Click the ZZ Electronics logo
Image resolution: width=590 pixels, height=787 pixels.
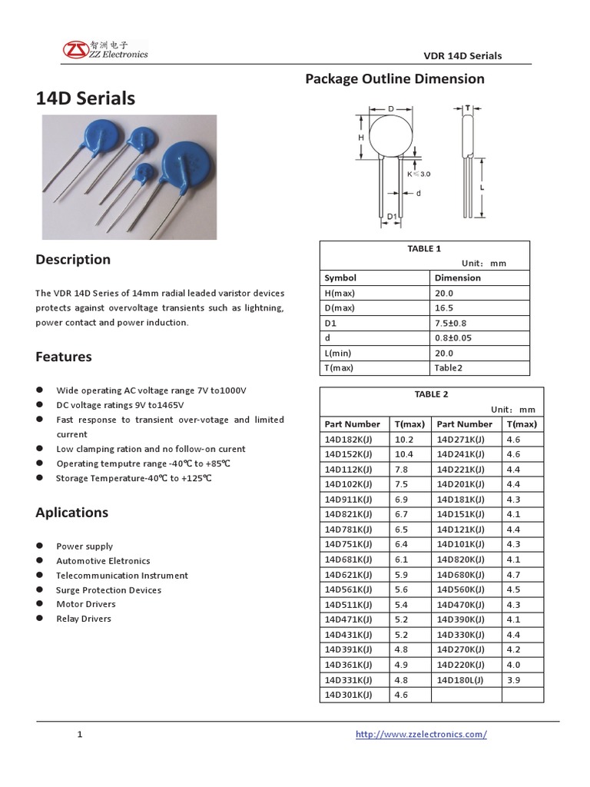(x=106, y=50)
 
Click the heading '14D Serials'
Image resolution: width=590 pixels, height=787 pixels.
(x=85, y=98)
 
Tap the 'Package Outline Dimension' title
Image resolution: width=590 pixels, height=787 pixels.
(x=395, y=78)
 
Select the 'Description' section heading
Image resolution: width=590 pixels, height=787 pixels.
(x=73, y=259)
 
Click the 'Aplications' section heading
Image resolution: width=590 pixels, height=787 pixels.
(x=72, y=513)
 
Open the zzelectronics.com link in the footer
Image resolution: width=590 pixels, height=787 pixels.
(x=421, y=734)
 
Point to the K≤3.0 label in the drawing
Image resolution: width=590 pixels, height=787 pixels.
(x=419, y=174)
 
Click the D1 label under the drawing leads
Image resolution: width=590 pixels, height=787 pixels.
(x=391, y=217)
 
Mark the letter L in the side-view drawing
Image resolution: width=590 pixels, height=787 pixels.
(x=481, y=187)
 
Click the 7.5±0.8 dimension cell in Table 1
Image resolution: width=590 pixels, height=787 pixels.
(x=451, y=323)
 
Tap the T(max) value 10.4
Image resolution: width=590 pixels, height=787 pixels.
(x=403, y=453)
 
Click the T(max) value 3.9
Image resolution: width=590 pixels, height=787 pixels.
(x=514, y=680)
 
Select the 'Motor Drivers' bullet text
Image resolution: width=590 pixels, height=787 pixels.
(x=85, y=604)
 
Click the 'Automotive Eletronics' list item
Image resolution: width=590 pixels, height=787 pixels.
(x=103, y=560)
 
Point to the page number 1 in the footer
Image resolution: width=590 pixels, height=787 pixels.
(x=79, y=735)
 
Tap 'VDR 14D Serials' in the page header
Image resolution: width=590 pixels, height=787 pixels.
(x=462, y=55)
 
